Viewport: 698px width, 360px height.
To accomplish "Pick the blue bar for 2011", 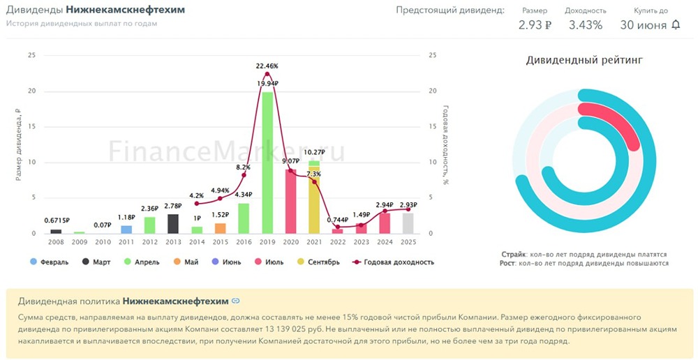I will pos(126,230).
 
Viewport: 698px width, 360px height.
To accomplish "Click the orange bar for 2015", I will pos(220,228).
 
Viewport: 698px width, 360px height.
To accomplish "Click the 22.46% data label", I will pos(267,66).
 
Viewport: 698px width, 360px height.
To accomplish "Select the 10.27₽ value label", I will pos(314,152).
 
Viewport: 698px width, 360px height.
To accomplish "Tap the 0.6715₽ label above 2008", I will pos(57,220).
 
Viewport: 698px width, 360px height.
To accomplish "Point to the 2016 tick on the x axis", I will pos(244,242).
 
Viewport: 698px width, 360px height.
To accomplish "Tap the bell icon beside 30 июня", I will pos(676,24).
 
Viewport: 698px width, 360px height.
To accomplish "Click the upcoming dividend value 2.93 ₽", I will pos(535,25).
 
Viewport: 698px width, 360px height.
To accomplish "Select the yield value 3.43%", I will pos(585,25).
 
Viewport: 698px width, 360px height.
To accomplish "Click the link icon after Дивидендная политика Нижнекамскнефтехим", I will pos(236,301).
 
